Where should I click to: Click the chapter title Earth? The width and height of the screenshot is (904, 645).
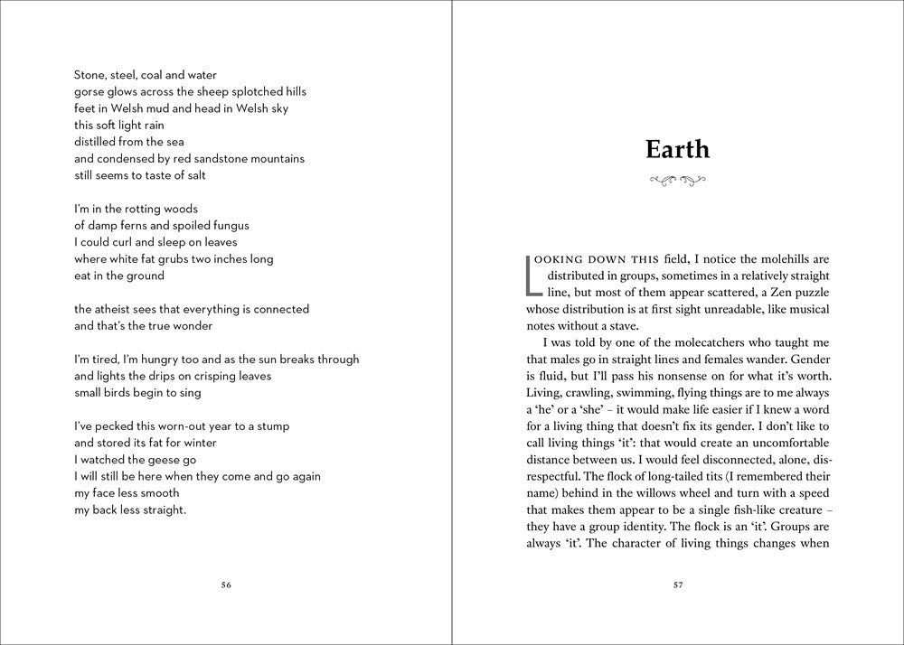click(x=677, y=149)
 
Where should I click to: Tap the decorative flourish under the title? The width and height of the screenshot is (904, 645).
click(x=677, y=181)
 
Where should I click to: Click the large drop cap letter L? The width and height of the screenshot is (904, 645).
click(x=532, y=276)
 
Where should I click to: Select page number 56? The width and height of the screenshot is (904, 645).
click(x=226, y=584)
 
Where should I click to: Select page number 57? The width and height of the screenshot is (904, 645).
click(x=678, y=584)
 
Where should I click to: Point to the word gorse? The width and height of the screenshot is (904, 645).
click(x=89, y=92)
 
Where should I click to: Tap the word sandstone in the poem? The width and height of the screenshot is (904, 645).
click(x=228, y=159)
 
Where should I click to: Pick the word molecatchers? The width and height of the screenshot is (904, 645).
click(x=708, y=343)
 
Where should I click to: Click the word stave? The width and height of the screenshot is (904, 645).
click(x=619, y=326)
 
